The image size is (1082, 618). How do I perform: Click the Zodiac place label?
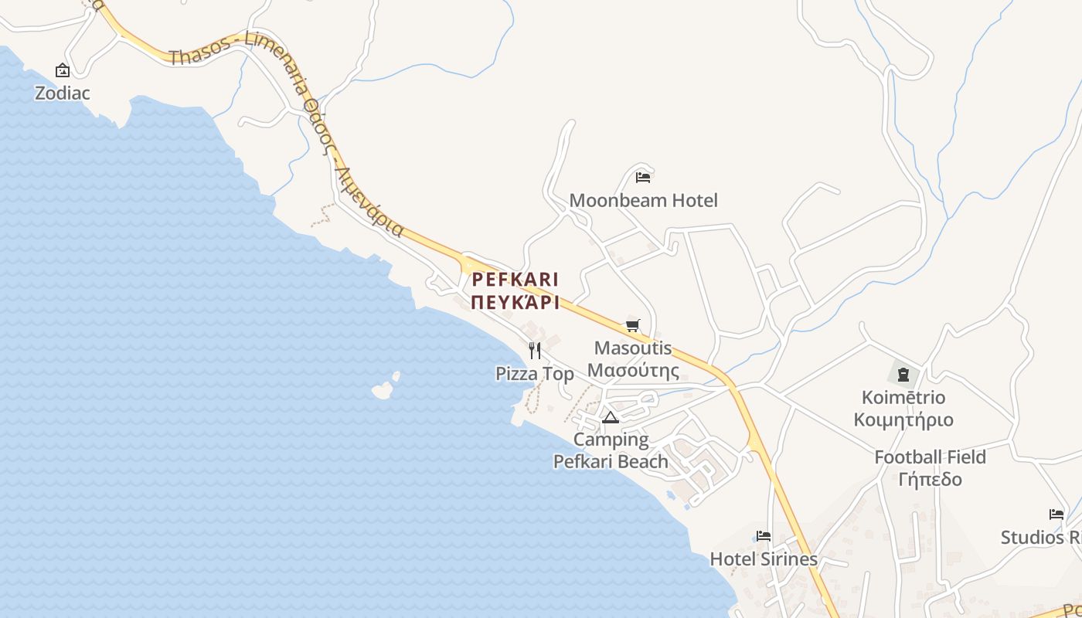[x=63, y=93]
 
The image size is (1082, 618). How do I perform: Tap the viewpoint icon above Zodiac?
[x=63, y=71]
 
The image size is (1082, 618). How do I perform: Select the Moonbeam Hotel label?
[x=643, y=201]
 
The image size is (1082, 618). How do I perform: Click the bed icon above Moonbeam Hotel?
[x=643, y=178]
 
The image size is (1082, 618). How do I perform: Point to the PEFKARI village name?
[x=515, y=279]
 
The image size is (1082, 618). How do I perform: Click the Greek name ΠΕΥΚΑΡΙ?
[x=515, y=303]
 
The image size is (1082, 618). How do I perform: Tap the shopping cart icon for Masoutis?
[x=633, y=325]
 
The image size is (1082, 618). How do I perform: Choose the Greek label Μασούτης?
[x=633, y=371]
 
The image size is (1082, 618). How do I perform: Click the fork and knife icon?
[x=535, y=351]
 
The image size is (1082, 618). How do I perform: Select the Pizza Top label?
[x=535, y=375]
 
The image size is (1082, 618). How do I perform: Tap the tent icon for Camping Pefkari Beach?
[x=611, y=418]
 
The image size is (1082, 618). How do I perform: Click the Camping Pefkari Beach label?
[x=611, y=450]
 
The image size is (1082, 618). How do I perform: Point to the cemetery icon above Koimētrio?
[x=903, y=375]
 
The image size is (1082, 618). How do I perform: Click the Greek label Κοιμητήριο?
[x=903, y=420]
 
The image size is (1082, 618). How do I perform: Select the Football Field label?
[x=930, y=457]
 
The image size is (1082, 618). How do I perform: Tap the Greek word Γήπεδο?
[x=930, y=480]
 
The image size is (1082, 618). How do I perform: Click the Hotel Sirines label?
[x=764, y=559]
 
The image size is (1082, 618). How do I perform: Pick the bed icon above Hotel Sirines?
[x=764, y=535]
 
